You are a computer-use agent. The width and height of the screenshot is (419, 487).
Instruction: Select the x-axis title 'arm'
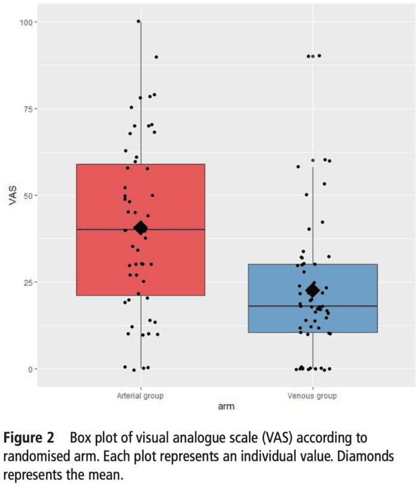pos(226,407)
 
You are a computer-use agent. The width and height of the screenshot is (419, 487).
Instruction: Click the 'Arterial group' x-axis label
pos(141,395)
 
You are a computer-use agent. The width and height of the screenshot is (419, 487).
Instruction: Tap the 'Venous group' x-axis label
pos(312,395)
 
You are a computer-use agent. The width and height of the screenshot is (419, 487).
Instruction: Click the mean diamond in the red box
pos(141,227)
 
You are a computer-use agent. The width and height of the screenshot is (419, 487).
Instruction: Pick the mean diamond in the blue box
pos(312,290)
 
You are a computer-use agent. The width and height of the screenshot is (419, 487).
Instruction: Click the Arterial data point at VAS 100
pos(138,22)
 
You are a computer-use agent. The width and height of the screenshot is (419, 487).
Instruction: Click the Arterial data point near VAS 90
pos(156,57)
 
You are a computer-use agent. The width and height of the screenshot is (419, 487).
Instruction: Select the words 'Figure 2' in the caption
pos(29,437)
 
